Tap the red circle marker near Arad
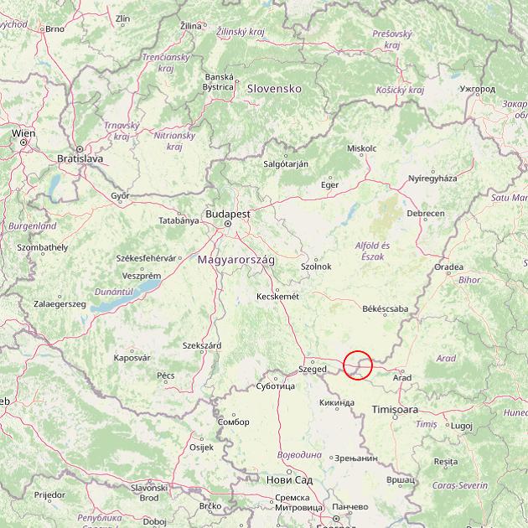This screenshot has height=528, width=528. (x=358, y=365)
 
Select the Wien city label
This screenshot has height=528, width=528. (x=23, y=133)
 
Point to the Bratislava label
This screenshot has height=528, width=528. (x=80, y=158)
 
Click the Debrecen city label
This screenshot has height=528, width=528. (x=426, y=214)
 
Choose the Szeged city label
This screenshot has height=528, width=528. (x=313, y=369)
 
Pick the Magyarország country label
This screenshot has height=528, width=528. (x=236, y=260)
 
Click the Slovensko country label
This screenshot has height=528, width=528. (x=273, y=88)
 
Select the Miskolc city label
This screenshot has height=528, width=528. (x=362, y=148)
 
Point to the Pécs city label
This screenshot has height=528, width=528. (x=166, y=375)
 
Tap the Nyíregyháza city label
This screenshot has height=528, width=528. (x=432, y=179)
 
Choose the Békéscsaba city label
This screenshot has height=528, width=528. (x=386, y=308)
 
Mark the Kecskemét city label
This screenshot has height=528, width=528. (x=277, y=296)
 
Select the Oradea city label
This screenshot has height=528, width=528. (x=448, y=267)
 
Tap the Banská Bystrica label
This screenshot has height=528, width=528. (x=219, y=81)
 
